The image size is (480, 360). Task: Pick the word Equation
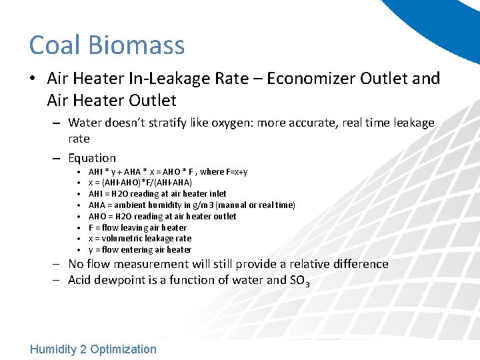coord(92,158)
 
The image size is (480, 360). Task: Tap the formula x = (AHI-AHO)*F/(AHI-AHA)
coord(140,183)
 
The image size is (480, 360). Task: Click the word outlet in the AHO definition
coord(223,216)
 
